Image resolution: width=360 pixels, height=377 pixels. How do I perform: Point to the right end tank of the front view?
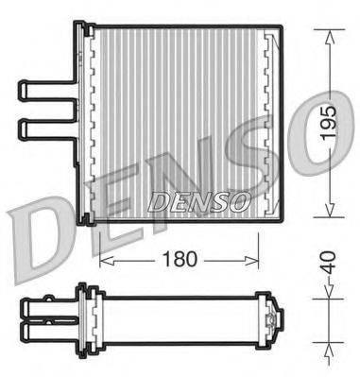coord(271,123)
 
